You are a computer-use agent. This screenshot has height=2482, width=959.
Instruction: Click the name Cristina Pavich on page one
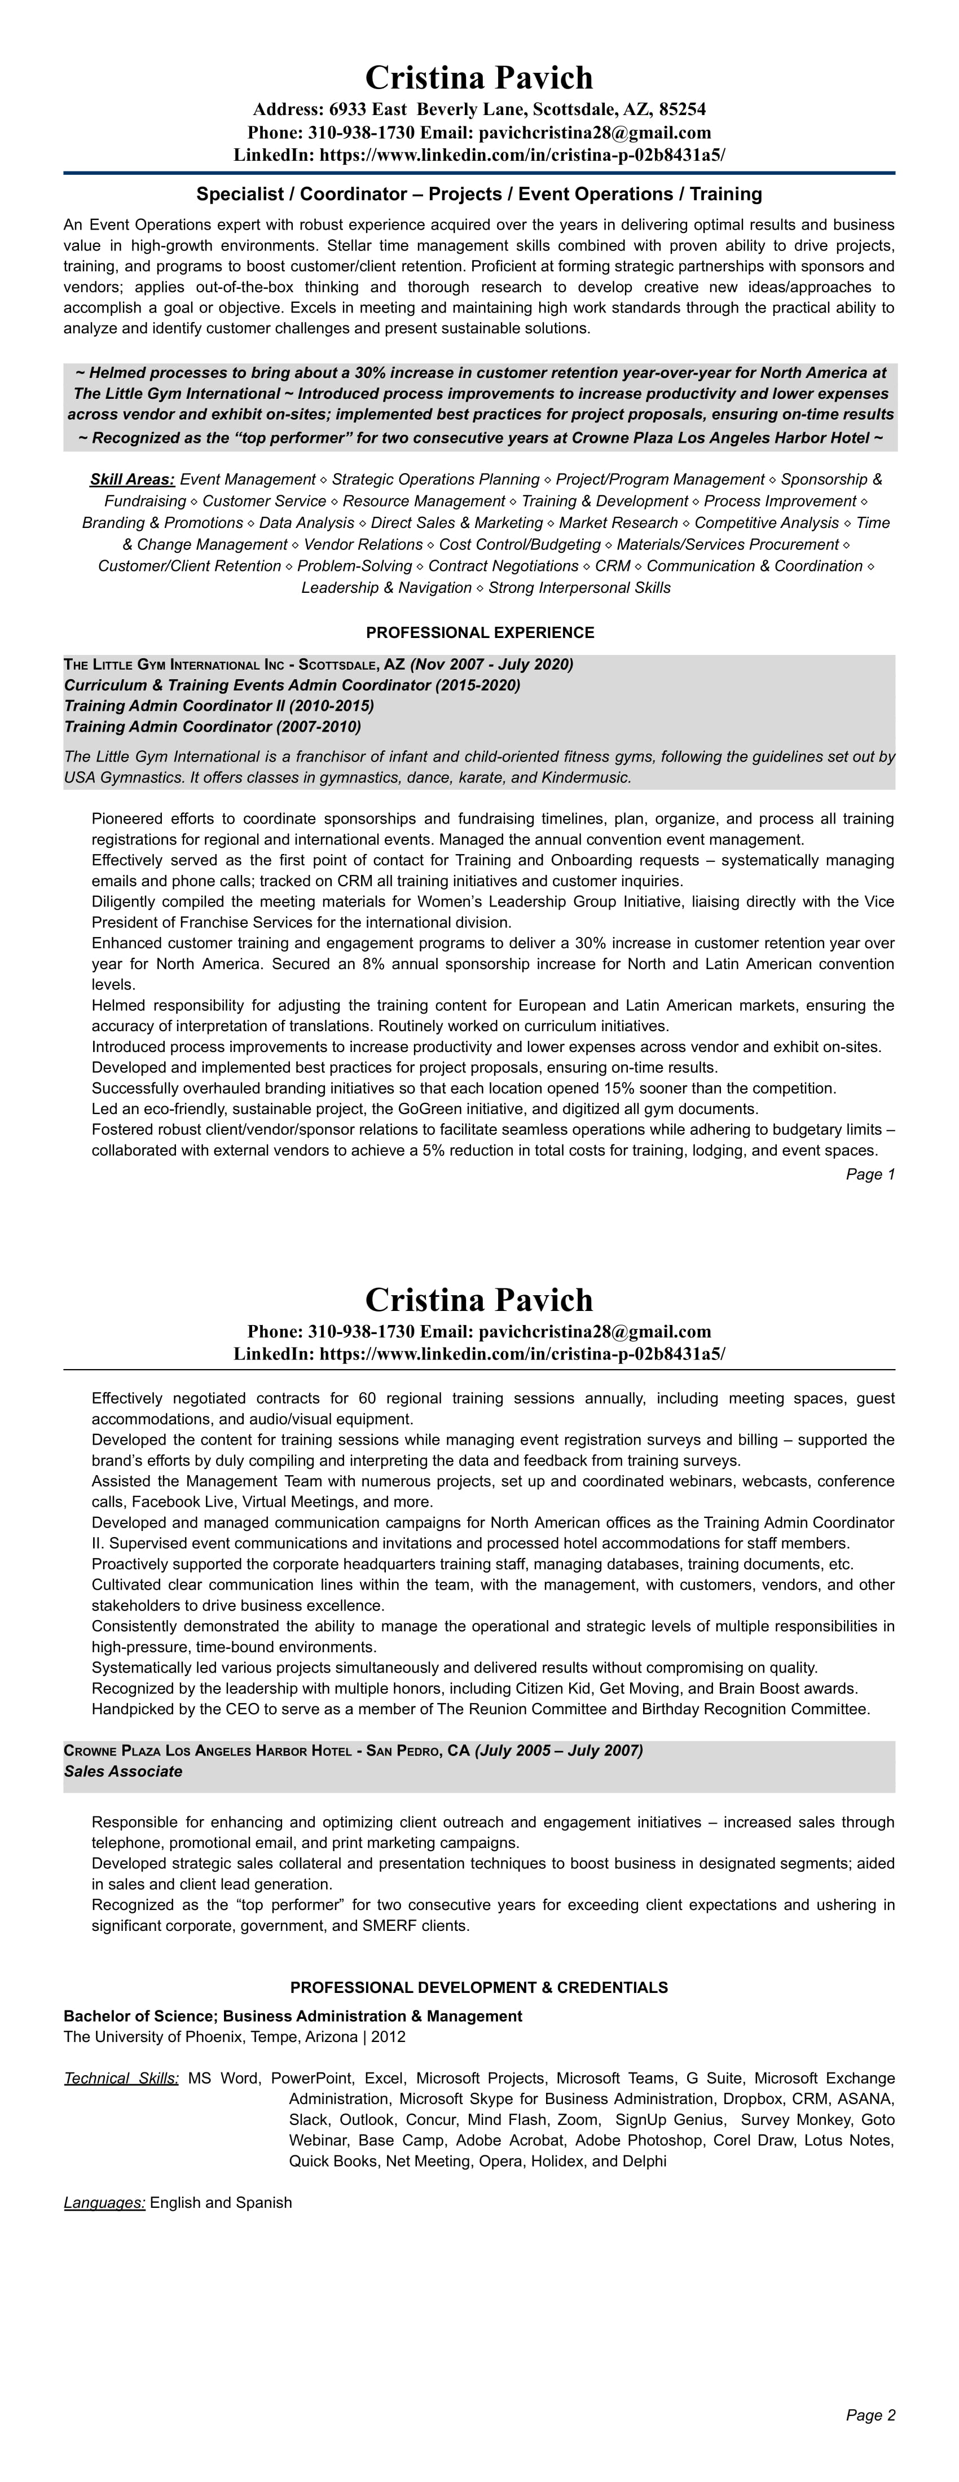pyautogui.click(x=479, y=78)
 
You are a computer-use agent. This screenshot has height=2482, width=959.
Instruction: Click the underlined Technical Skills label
pyautogui.click(x=121, y=2078)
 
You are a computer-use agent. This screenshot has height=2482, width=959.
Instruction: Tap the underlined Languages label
pyautogui.click(x=104, y=2176)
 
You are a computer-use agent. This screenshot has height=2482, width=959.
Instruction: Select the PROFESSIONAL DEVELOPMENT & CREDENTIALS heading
pyautogui.click(x=479, y=1988)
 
